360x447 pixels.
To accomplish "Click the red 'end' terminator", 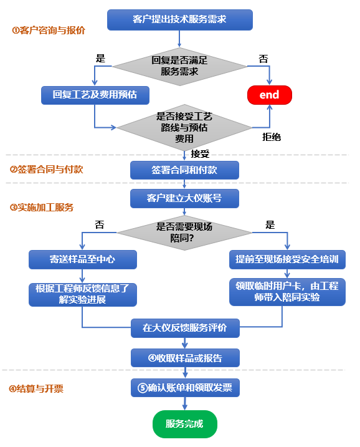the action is point(270,95).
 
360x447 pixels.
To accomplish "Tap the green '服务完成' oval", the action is point(185,424).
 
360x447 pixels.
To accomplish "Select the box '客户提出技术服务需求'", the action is point(180,20).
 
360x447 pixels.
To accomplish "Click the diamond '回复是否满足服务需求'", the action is point(179,67).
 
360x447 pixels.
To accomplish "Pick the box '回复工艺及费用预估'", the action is point(95,95).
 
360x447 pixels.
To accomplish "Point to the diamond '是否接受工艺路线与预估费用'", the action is point(184,127).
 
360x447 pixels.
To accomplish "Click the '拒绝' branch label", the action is point(272,137).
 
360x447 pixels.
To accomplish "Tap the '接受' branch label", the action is point(200,154).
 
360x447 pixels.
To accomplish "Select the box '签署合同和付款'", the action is point(184,170).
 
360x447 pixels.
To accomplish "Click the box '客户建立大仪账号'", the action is point(184,198).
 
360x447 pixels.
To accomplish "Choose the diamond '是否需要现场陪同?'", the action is point(184,233).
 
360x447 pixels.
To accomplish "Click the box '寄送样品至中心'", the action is point(83,259).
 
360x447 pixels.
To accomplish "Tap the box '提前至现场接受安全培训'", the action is point(287,259).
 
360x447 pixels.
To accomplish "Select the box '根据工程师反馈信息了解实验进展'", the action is point(83,294).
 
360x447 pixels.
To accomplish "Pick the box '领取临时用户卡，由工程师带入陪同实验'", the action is point(287,292).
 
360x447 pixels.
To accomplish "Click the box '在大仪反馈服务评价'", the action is point(185,328).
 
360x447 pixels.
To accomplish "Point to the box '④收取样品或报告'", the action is point(185,358).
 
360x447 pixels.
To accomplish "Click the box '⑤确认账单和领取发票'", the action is point(185,388).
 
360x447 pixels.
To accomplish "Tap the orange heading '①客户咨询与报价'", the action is point(49,30).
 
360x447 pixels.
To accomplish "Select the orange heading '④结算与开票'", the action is point(36,388).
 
